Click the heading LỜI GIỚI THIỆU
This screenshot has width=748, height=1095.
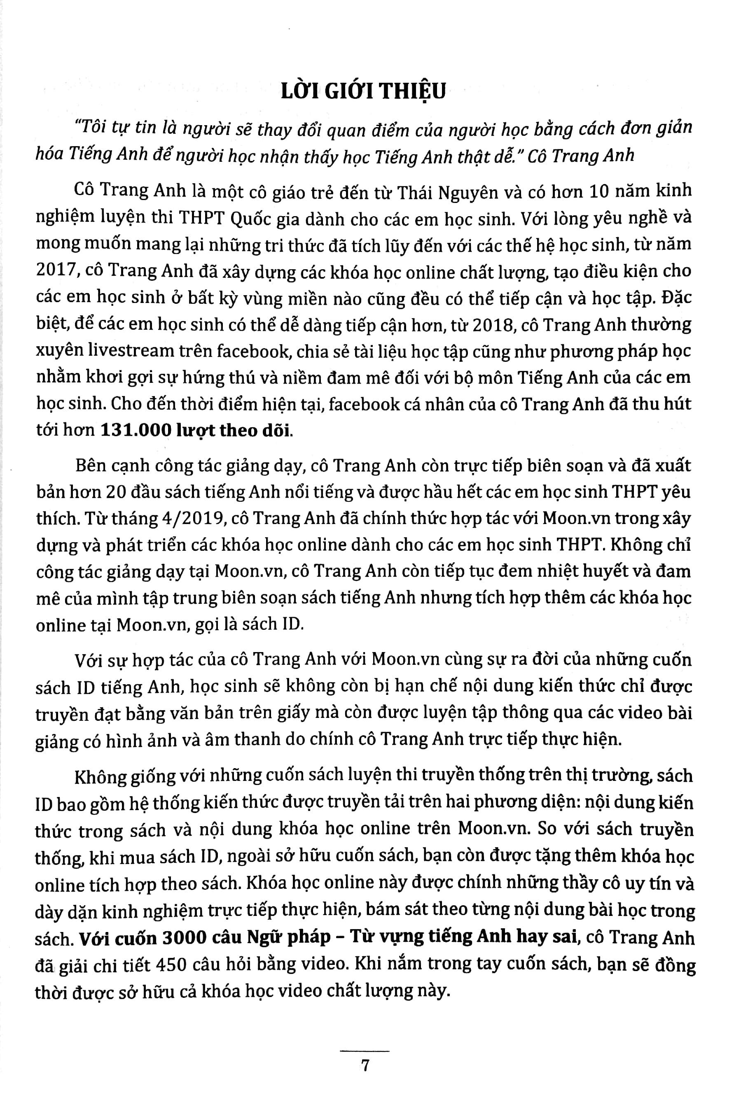[x=363, y=91]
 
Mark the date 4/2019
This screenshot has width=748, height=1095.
[x=211, y=518]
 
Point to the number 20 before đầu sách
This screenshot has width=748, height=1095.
[x=116, y=492]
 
